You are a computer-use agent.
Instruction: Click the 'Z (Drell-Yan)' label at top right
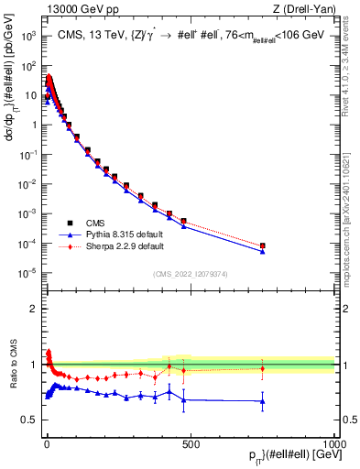tap(302, 9)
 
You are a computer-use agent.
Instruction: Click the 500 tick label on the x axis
tap(191, 443)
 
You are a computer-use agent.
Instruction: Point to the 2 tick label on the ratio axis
tap(32, 309)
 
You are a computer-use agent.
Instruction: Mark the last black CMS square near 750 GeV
tap(263, 245)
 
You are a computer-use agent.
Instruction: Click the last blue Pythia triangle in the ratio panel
tap(263, 401)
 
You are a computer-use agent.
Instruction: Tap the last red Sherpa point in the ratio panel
tap(263, 368)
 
